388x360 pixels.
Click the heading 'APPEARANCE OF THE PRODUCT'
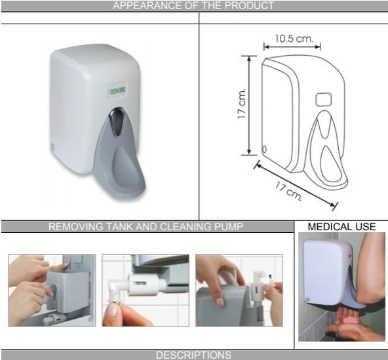coord(193,6)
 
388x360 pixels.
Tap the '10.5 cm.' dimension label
coord(294,39)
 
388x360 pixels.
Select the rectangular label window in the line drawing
coord(323,100)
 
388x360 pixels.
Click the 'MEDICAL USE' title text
coord(341,227)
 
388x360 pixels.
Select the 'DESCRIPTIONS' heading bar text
coord(193,355)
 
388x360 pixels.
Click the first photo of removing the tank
coord(52,290)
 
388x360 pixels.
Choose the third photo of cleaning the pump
coord(239,290)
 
